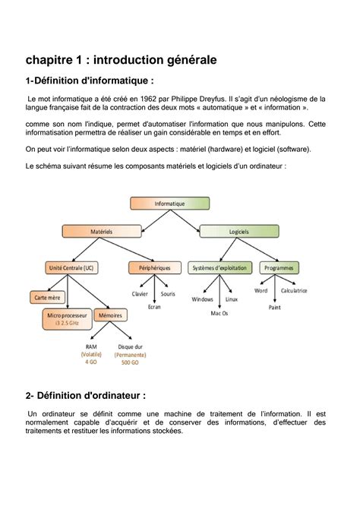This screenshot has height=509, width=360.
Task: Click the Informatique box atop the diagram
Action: [x=169, y=204]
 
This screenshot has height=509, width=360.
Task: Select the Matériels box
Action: [x=101, y=230]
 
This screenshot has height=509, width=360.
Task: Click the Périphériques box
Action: [x=149, y=267]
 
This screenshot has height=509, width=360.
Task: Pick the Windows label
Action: [x=202, y=299]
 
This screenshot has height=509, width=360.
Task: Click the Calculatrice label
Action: [x=294, y=290]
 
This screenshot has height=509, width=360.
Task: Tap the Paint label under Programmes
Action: [x=275, y=308]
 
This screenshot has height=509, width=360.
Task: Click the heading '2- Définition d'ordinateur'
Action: [x=85, y=395]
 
